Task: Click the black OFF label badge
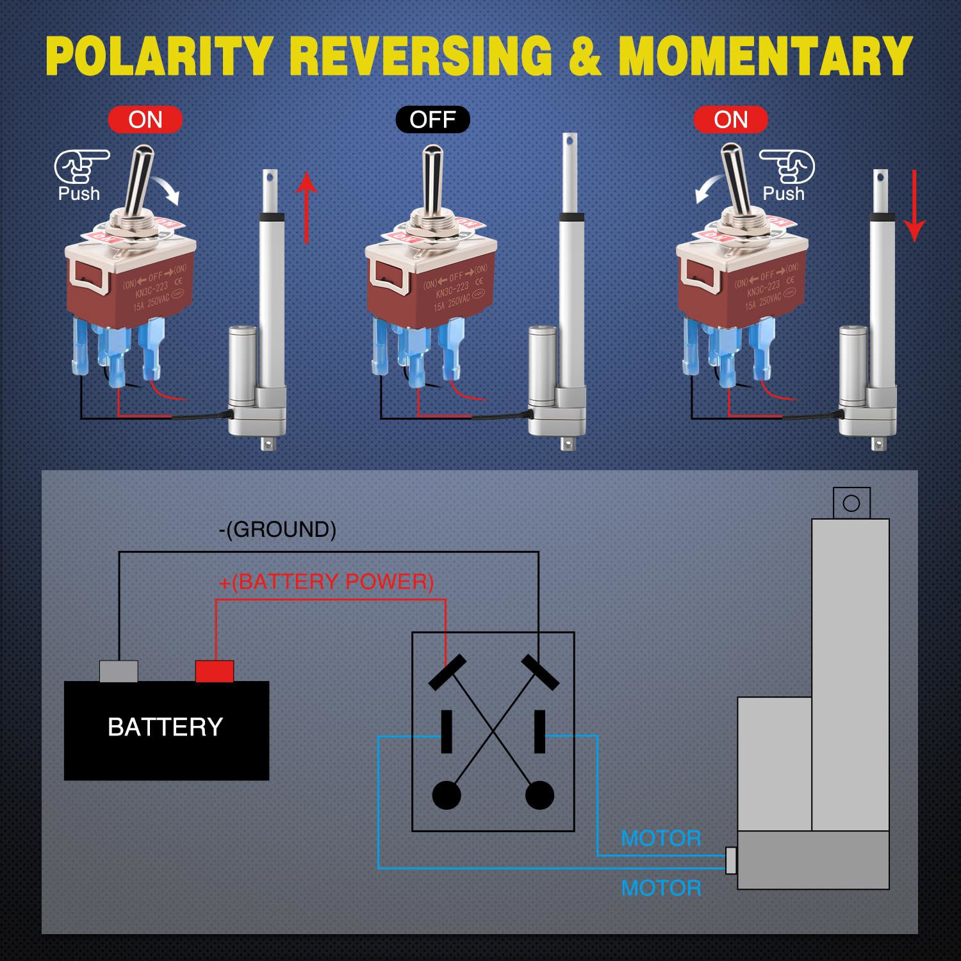(x=432, y=120)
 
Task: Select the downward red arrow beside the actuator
(x=914, y=206)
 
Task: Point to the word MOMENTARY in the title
(x=765, y=56)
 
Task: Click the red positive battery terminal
(x=214, y=671)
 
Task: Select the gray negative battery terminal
(x=119, y=671)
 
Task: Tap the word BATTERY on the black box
(x=165, y=727)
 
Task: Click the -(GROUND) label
(x=277, y=529)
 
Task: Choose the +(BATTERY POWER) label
(x=326, y=582)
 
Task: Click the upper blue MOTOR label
(x=661, y=838)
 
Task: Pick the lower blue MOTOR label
(x=661, y=888)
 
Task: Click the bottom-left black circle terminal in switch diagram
(x=447, y=795)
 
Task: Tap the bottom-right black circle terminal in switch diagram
(x=539, y=795)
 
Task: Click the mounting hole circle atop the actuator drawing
(x=851, y=503)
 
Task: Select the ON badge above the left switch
(x=145, y=120)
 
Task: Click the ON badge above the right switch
(x=730, y=120)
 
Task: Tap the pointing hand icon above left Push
(x=81, y=167)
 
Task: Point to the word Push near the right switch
(x=783, y=193)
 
